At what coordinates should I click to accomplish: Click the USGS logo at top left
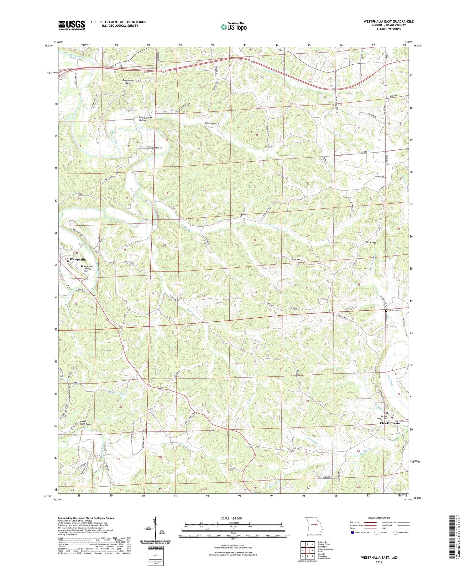(71, 25)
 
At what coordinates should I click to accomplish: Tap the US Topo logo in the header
(233, 27)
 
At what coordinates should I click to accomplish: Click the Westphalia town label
(77, 260)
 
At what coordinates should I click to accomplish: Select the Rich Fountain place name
(389, 423)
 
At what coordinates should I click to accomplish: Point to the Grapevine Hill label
(128, 82)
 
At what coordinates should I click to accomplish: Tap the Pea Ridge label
(371, 242)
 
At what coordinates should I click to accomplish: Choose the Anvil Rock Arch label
(86, 422)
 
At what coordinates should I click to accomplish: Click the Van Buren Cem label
(394, 310)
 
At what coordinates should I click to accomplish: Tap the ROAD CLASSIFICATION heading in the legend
(379, 518)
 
